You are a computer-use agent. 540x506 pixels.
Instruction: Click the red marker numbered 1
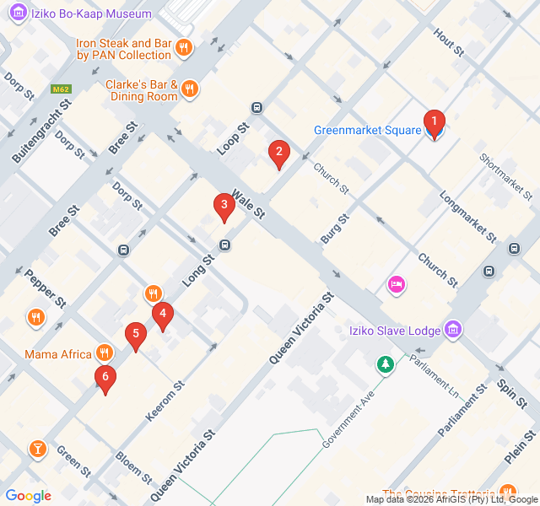[434, 124]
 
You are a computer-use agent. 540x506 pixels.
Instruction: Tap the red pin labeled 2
[278, 153]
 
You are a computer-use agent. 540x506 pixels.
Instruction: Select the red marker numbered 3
[224, 205]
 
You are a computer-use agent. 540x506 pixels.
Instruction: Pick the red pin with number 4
[163, 315]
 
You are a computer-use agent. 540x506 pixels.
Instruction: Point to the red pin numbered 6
[105, 378]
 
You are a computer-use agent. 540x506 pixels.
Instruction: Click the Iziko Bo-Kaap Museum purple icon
[16, 14]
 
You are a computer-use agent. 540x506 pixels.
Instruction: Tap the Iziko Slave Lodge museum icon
[452, 329]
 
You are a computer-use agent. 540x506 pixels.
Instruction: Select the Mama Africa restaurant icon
[105, 353]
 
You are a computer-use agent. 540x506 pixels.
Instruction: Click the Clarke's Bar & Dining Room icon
[191, 89]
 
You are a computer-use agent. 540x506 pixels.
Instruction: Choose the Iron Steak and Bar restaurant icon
[184, 47]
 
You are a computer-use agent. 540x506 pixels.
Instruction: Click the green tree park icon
[385, 365]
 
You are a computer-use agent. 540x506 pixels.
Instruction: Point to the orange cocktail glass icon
[37, 448]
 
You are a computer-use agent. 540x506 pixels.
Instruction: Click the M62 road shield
[60, 88]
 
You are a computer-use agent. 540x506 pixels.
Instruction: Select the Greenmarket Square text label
[367, 130]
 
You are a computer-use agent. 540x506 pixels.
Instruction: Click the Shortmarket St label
[506, 171]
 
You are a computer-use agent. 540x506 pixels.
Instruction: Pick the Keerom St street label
[165, 401]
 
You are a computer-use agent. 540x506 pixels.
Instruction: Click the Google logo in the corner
[28, 496]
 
